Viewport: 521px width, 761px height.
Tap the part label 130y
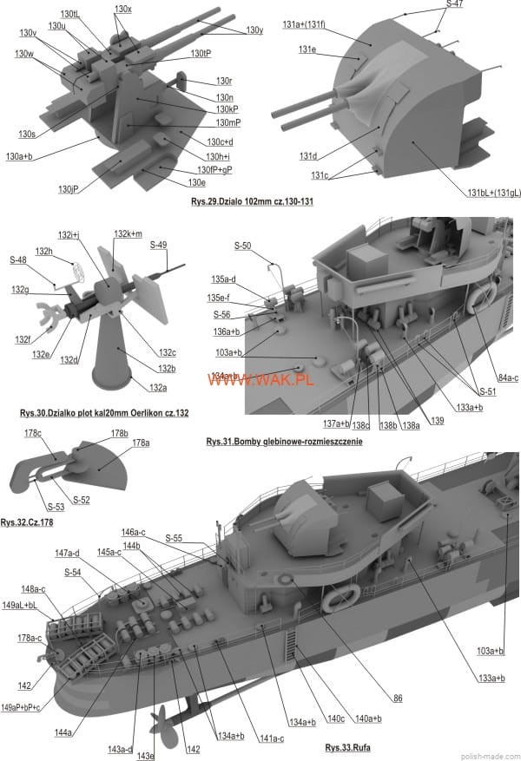point(254,30)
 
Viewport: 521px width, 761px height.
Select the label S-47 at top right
point(454,5)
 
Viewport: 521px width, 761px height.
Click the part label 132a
point(158,387)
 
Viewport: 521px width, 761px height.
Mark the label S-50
point(242,246)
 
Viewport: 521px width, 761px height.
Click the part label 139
point(436,421)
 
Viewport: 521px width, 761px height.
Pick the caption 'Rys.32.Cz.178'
point(21,522)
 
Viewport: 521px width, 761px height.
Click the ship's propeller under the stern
point(162,718)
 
